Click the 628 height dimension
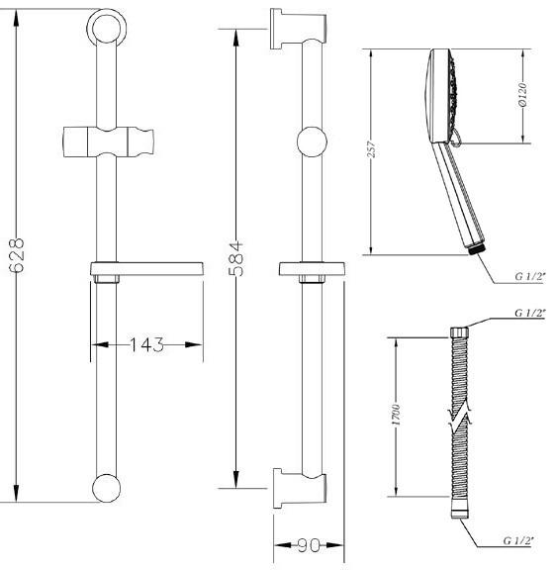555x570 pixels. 17,255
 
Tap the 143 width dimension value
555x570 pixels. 146,344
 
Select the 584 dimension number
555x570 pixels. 236,258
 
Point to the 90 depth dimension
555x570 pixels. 309,545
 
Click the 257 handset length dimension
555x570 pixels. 371,149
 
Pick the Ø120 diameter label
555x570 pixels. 522,95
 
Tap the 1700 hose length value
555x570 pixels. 396,415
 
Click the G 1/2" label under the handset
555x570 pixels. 530,276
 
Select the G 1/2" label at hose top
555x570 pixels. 530,313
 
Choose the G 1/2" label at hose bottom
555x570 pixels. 518,540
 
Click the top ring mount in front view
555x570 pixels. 107,28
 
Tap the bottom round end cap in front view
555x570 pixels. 106,488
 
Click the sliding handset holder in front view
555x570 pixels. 108,142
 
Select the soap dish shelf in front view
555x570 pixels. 146,269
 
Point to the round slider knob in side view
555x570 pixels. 312,142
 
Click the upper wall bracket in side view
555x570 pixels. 298,29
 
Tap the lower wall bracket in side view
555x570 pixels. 299,488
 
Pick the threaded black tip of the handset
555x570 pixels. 477,249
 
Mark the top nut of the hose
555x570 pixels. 459,332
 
